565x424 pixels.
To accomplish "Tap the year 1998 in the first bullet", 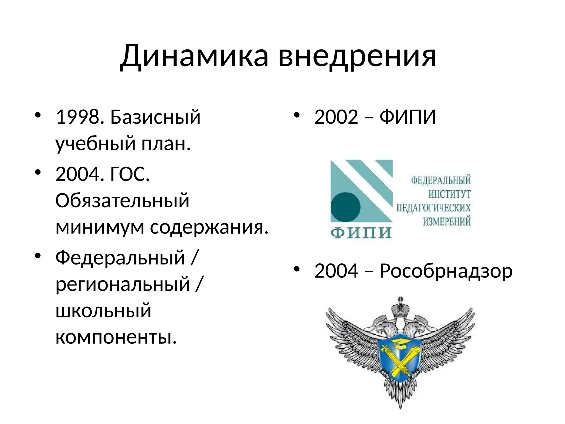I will point(78,117).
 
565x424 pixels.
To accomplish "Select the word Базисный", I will point(155,117).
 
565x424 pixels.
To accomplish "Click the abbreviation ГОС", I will point(130,175).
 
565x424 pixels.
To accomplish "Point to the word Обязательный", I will point(122,201).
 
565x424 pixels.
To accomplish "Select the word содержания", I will point(209,227).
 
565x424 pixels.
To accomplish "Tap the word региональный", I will point(123,284).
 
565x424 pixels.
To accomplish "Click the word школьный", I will point(103,311).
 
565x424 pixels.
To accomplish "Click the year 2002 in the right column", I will point(336,117).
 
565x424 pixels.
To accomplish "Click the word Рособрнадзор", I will point(446,271).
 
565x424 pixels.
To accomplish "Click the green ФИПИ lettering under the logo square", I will point(361,233).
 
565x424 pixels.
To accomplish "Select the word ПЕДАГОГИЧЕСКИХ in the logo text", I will point(433,208).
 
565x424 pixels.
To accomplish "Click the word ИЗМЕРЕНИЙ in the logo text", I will point(447,221).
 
